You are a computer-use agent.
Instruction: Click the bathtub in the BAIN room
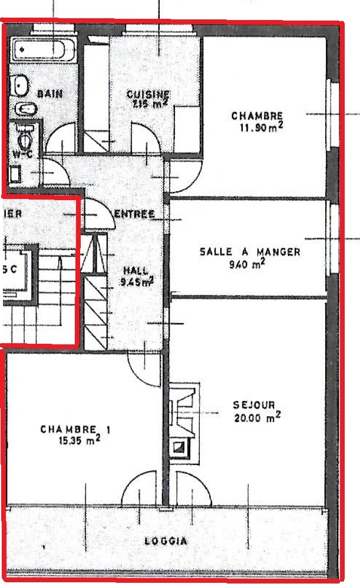[x=44, y=49]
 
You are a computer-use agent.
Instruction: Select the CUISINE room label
[x=148, y=94]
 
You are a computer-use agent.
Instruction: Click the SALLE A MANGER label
[x=250, y=252]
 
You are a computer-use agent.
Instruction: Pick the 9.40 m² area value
[x=247, y=264]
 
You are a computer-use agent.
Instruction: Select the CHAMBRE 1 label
[x=75, y=430]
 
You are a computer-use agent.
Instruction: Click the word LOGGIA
[x=166, y=541]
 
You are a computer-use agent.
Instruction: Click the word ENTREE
[x=134, y=214]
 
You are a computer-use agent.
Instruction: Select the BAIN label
[x=49, y=94]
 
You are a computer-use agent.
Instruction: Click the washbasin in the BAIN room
[x=21, y=85]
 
